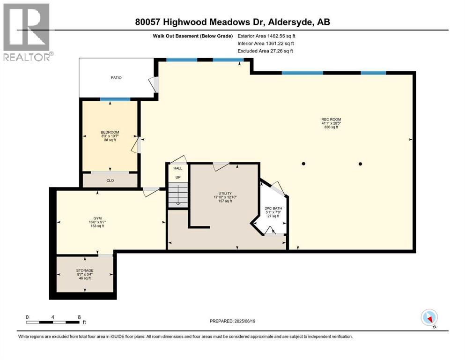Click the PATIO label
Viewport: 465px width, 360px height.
coord(116,78)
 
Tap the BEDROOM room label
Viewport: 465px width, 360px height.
coord(110,132)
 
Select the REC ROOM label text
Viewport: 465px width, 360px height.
coord(331,120)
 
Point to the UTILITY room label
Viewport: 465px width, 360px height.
coord(225,193)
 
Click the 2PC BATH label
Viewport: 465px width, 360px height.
coord(273,208)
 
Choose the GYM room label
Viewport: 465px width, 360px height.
coord(97,218)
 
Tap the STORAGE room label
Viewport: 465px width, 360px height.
coord(85,270)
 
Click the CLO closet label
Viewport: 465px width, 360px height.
coord(110,180)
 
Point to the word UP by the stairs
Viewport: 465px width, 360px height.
coord(178,178)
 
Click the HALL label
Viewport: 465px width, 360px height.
coord(178,168)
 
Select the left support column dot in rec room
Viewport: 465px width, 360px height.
coord(303,164)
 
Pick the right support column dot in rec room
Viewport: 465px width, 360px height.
coord(360,164)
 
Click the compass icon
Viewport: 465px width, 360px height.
coord(429,318)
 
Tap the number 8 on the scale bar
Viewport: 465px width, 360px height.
coord(79,317)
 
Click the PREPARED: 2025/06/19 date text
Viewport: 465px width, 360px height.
coord(232,321)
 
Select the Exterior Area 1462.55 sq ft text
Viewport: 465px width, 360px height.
coord(266,36)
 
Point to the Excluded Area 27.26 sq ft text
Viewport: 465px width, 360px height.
coord(265,51)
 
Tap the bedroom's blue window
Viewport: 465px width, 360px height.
coord(115,99)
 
